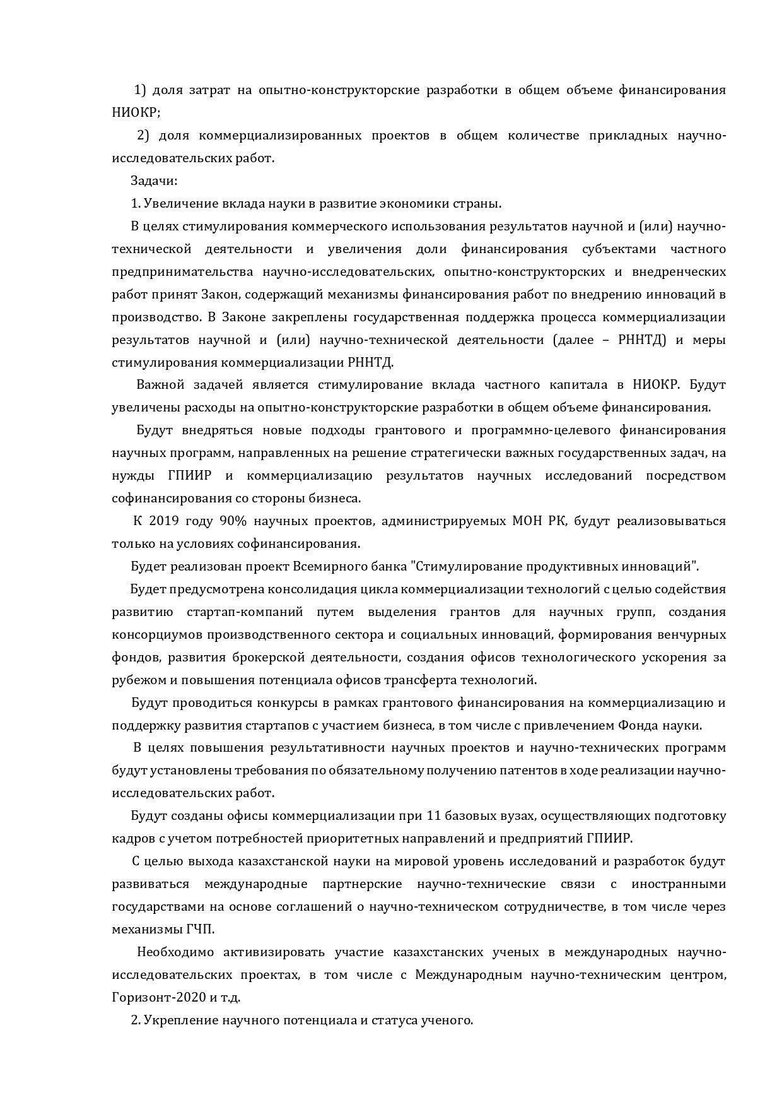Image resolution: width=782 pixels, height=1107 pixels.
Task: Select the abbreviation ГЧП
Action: [x=200, y=929]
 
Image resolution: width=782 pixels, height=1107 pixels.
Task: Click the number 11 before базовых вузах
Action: [x=433, y=815]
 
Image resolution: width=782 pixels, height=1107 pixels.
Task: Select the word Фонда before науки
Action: [x=637, y=725]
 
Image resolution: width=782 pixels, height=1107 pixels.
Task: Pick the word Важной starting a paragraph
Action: [x=160, y=384]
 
